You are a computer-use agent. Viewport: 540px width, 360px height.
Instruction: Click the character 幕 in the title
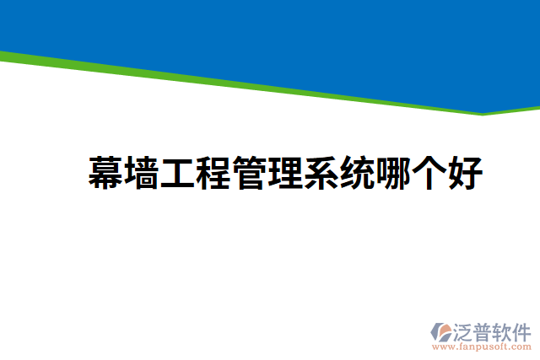(106, 174)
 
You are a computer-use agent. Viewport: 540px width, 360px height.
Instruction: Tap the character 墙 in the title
(143, 174)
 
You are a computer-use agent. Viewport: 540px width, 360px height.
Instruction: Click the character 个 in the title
(429, 174)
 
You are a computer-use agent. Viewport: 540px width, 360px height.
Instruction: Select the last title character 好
(465, 174)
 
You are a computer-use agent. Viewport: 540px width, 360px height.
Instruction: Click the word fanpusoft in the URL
(487, 346)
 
